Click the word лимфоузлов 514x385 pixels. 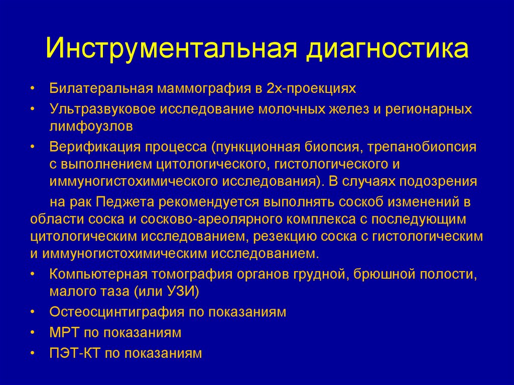(x=91, y=127)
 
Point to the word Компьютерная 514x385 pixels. (x=98, y=274)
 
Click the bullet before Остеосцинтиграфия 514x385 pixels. (x=33, y=312)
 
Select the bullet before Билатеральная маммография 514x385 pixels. (x=33, y=89)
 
